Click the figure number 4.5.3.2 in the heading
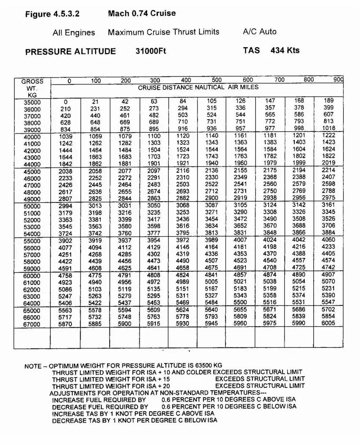(66, 14)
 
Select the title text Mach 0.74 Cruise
(142, 13)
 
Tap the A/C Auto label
(260, 31)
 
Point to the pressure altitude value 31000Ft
(151, 51)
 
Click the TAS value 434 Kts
(285, 50)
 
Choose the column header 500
(217, 81)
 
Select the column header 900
(338, 80)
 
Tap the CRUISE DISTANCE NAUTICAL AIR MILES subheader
(198, 87)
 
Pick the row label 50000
(32, 207)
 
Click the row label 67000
(32, 324)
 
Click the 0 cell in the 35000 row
(65, 102)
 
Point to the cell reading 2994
(66, 206)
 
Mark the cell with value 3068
(183, 206)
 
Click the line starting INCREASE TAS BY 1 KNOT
(133, 414)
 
